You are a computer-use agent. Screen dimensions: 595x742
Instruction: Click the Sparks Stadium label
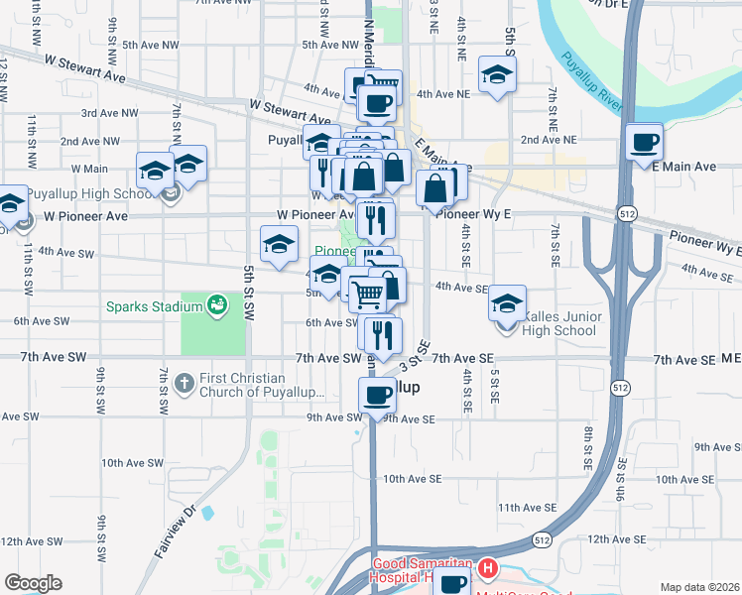[x=155, y=305]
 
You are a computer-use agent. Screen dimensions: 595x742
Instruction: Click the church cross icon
[x=184, y=383]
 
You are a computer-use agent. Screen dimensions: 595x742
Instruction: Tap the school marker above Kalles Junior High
[x=507, y=303]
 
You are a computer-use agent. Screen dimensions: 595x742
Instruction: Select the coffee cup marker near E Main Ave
[x=645, y=141]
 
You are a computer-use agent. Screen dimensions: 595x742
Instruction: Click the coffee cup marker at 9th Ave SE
[x=377, y=397]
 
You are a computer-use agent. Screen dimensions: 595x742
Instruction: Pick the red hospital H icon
[x=487, y=569]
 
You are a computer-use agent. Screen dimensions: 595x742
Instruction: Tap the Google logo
[x=33, y=583]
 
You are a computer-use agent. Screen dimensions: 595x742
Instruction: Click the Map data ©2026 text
[x=699, y=587]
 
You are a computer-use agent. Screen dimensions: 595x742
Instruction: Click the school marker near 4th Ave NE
[x=496, y=75]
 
